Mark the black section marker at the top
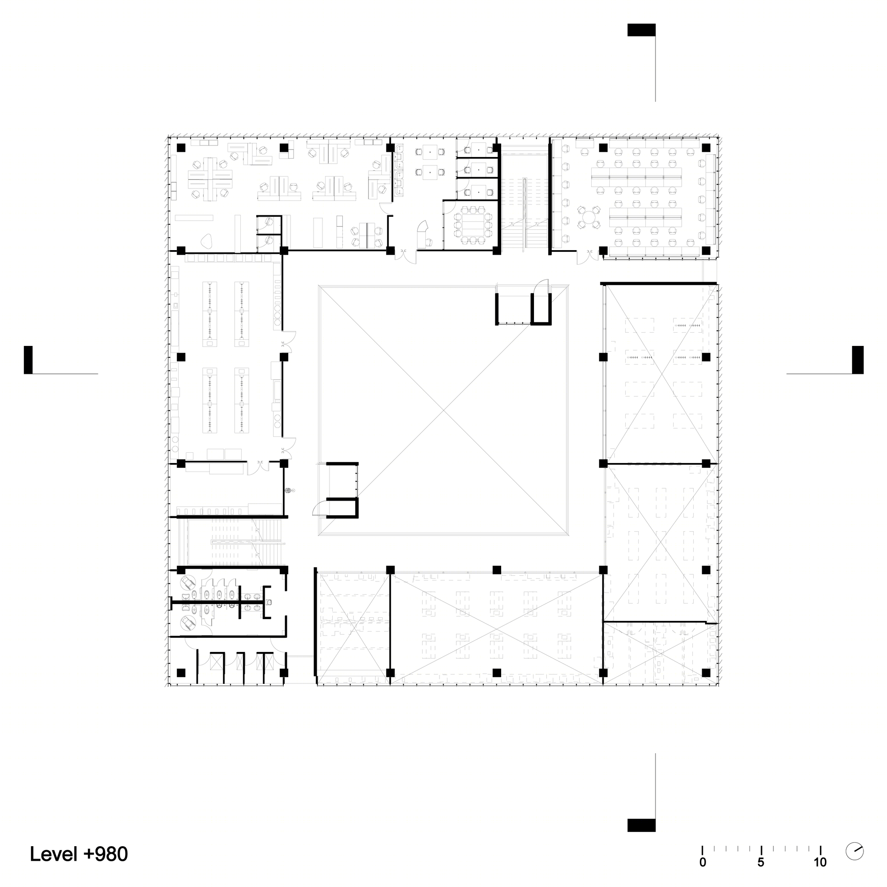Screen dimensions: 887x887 pyautogui.click(x=641, y=30)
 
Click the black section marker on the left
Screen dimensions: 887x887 pyautogui.click(x=28, y=360)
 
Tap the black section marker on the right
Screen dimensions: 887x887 pyautogui.click(x=858, y=360)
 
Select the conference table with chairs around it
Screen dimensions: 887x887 pyautogui.click(x=473, y=224)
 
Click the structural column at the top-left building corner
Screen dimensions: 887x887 pyautogui.click(x=181, y=147)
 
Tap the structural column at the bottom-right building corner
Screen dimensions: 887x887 pyautogui.click(x=706, y=673)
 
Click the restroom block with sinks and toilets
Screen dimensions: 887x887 pyautogui.click(x=227, y=601)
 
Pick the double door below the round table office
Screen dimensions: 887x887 pyautogui.click(x=589, y=256)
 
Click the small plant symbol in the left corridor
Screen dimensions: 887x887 pyautogui.click(x=288, y=490)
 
